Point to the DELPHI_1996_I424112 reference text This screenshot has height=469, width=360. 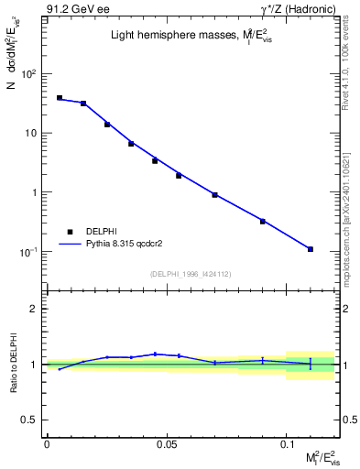coord(191,273)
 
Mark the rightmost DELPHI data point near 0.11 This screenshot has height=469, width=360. coord(311,249)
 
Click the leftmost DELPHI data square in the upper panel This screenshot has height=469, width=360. coord(60,97)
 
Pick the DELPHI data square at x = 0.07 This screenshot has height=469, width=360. coord(214,195)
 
